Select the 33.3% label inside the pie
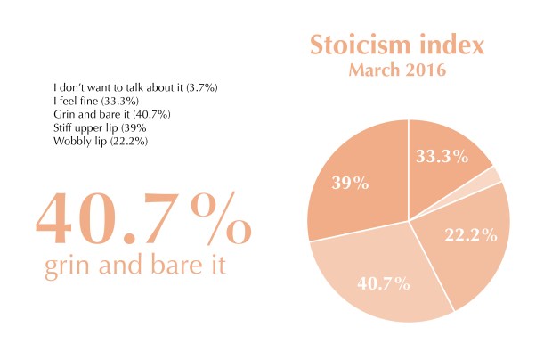point(442,157)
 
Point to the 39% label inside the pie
point(351,183)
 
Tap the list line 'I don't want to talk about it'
point(136,88)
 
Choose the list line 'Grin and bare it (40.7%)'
point(112,114)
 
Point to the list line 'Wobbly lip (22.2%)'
point(101,141)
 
